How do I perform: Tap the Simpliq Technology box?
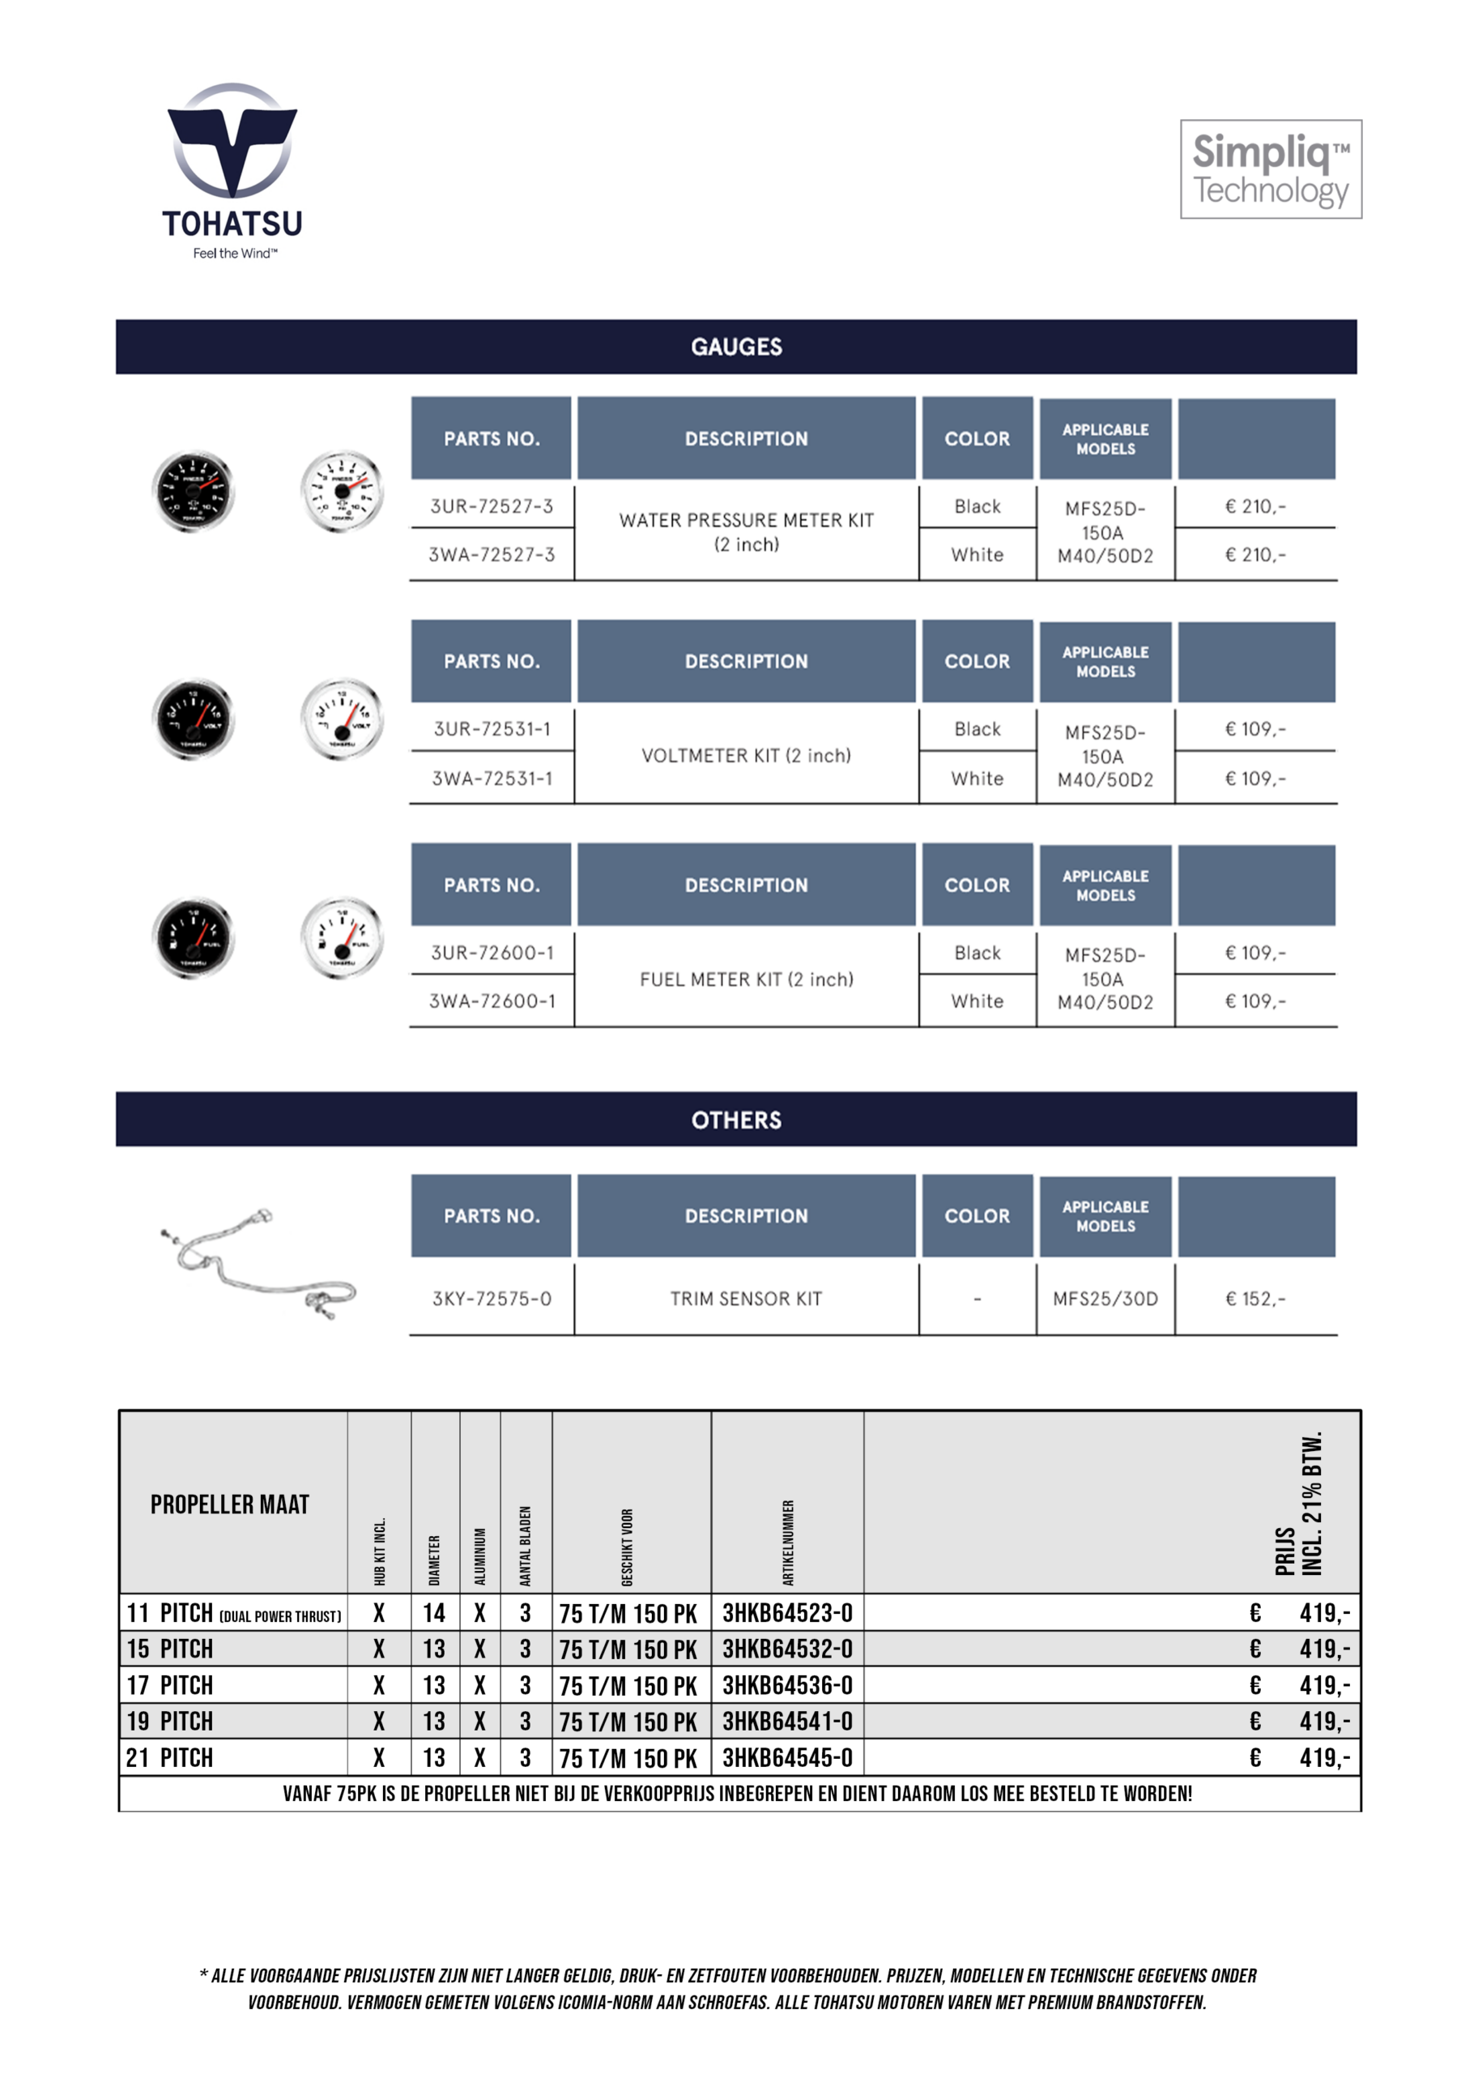pyautogui.click(x=1271, y=169)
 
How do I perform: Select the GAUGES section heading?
pyautogui.click(x=736, y=347)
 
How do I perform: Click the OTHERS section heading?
pyautogui.click(x=736, y=1119)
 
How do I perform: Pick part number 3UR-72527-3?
pyautogui.click(x=492, y=506)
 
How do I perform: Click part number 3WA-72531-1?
pyautogui.click(x=492, y=779)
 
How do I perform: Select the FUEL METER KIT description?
pyautogui.click(x=746, y=979)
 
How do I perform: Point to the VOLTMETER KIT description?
pyautogui.click(x=746, y=755)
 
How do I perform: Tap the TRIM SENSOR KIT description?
pyautogui.click(x=746, y=1299)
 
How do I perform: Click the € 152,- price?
pyautogui.click(x=1255, y=1299)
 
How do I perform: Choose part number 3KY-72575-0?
pyautogui.click(x=492, y=1299)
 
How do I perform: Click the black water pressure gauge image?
pyautogui.click(x=193, y=492)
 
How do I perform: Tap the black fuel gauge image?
pyautogui.click(x=193, y=938)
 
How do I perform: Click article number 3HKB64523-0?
pyautogui.click(x=787, y=1613)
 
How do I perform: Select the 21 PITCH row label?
pyautogui.click(x=170, y=1757)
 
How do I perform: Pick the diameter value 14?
pyautogui.click(x=434, y=1613)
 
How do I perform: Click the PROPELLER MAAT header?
pyautogui.click(x=229, y=1504)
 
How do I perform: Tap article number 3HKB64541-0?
pyautogui.click(x=787, y=1721)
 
